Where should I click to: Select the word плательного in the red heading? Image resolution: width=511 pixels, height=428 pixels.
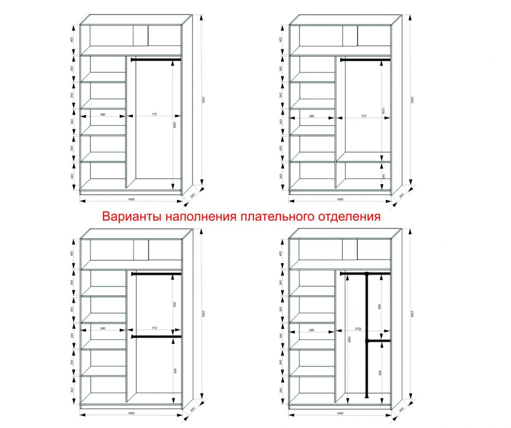(278, 217)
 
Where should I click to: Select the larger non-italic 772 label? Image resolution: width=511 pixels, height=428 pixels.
(358, 330)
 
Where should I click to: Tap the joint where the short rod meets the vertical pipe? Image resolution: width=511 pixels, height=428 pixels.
(366, 341)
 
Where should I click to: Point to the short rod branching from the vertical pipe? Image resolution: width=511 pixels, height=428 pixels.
(379, 341)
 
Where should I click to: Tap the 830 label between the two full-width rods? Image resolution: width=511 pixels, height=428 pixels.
(175, 304)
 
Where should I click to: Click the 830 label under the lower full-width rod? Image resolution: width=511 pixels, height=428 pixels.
(175, 371)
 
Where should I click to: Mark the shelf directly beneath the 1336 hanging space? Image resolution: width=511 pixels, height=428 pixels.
(363, 161)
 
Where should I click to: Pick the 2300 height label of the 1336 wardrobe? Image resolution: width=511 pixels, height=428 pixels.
(412, 100)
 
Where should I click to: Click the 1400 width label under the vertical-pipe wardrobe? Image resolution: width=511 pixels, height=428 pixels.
(340, 413)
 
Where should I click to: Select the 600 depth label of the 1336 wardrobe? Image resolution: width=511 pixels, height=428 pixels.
(401, 195)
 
